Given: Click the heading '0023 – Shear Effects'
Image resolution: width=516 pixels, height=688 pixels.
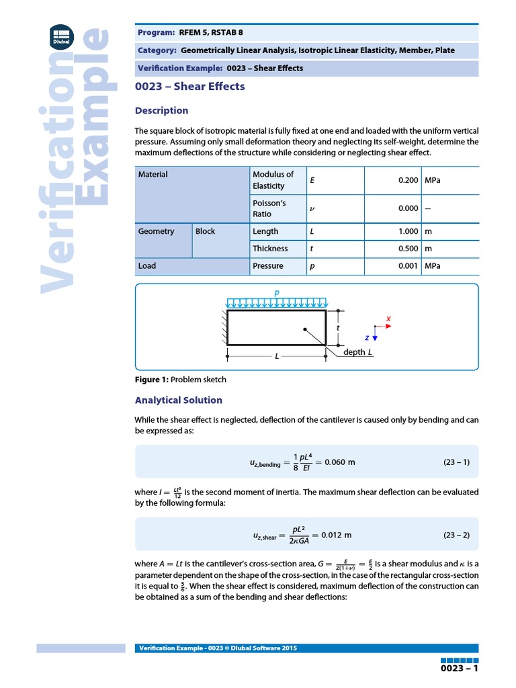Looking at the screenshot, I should click(189, 87).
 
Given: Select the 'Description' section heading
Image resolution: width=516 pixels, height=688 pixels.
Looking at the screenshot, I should click(161, 111).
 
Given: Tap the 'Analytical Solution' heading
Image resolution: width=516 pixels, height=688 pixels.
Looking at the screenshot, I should click(178, 400).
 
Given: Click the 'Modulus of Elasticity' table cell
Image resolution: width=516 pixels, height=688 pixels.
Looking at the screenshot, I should click(273, 180).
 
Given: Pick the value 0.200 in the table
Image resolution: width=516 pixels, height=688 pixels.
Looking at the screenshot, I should click(408, 180).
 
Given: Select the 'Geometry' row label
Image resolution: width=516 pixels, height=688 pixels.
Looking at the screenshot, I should click(156, 231).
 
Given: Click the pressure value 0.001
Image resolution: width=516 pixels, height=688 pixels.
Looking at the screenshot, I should click(408, 266).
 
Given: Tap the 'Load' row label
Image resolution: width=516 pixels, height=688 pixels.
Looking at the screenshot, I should click(147, 266).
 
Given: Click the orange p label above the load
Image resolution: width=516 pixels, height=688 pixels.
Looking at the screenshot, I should click(276, 294).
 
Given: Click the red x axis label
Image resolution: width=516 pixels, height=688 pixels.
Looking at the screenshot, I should click(388, 318).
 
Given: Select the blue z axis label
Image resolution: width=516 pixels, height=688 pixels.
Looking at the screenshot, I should click(367, 337).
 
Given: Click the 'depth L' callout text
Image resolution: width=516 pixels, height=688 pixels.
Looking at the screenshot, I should click(357, 353).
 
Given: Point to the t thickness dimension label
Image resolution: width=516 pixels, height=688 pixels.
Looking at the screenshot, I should click(338, 328).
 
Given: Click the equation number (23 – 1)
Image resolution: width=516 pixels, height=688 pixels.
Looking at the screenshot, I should click(456, 462).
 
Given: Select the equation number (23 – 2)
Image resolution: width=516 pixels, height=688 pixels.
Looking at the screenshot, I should click(456, 535).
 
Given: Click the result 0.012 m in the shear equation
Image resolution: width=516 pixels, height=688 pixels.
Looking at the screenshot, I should click(337, 535).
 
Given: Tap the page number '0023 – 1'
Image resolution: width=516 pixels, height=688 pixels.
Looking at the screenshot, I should click(459, 669).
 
